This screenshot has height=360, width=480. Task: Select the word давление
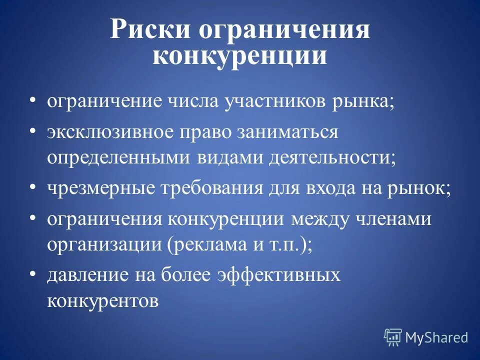tap(85, 276)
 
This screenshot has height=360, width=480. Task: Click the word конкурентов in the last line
tap(103, 300)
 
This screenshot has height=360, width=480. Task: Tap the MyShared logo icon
tap(393, 337)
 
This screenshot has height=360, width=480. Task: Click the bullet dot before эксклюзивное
tap(32, 130)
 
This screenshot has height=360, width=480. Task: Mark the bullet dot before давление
tap(32, 273)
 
